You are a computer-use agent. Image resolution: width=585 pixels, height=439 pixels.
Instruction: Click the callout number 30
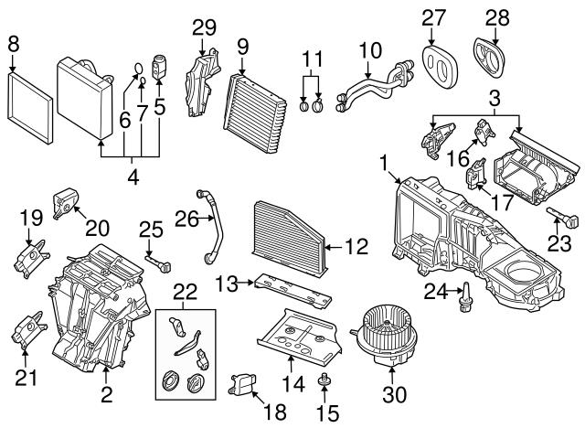(x=394, y=396)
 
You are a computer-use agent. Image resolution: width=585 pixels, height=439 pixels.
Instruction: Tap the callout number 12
(x=357, y=244)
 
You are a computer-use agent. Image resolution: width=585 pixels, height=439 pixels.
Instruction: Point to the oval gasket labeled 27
(x=435, y=60)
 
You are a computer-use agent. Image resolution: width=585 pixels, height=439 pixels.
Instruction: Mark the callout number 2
(x=107, y=396)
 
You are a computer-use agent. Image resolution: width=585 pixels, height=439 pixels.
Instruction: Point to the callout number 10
(x=368, y=48)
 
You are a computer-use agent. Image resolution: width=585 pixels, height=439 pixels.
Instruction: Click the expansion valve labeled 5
(x=159, y=70)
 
